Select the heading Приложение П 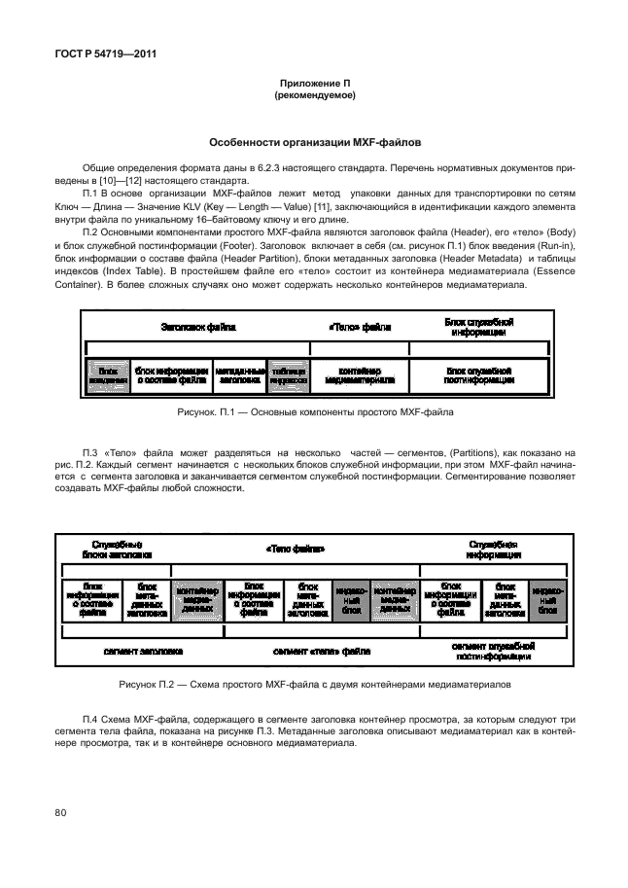[x=314, y=85]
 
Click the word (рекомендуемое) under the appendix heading [x=314, y=96]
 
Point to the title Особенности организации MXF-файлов [x=314, y=143]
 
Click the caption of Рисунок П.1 [x=314, y=412]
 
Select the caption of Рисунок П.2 [x=314, y=684]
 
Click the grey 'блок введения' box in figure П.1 [x=107, y=375]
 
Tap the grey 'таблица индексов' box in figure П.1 [x=288, y=375]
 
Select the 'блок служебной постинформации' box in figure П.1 [x=479, y=375]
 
